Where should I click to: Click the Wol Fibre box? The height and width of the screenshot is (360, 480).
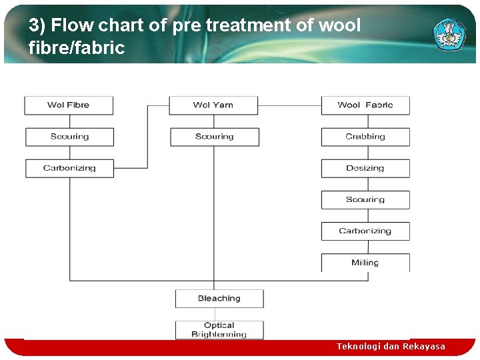(69, 105)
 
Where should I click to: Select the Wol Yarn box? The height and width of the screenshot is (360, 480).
(213, 105)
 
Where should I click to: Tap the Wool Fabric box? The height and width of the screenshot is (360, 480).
(365, 105)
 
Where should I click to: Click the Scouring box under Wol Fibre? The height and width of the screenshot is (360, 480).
(69, 137)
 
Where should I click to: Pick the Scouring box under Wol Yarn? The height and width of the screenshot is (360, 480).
(214, 137)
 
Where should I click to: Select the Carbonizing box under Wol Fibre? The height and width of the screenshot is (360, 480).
(69, 168)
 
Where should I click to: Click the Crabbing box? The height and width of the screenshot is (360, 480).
(365, 137)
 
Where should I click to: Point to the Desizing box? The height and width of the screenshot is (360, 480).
(365, 168)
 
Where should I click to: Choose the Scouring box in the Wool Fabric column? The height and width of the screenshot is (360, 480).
(365, 199)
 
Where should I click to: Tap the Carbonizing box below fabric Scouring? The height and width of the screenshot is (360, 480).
(365, 231)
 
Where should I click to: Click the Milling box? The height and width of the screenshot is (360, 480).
(365, 263)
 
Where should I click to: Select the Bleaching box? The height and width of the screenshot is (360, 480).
(219, 299)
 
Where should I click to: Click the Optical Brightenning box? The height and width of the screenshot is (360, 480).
(219, 330)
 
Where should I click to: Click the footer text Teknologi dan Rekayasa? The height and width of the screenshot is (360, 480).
(391, 347)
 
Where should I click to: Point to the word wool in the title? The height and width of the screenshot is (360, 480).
(339, 26)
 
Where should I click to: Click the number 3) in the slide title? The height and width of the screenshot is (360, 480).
(37, 26)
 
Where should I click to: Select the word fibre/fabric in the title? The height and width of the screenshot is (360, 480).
(77, 48)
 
